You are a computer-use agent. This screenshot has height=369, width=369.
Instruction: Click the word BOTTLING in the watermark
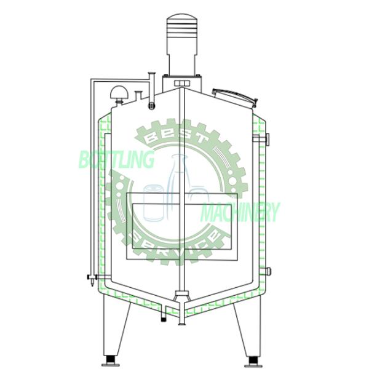coord(116,161)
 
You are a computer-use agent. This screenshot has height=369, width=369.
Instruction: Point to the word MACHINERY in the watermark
coord(240,212)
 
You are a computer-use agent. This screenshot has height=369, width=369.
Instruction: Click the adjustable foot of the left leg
coord(111,359)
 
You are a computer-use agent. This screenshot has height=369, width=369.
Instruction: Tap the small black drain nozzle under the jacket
coord(163,317)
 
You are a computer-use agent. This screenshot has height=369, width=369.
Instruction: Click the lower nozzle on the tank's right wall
coord(267,271)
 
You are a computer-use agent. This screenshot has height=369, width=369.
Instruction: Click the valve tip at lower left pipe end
coord(92,284)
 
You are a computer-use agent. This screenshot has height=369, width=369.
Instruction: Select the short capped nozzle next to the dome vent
coord(139,95)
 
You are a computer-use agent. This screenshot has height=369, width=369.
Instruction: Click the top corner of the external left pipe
coord(91,79)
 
